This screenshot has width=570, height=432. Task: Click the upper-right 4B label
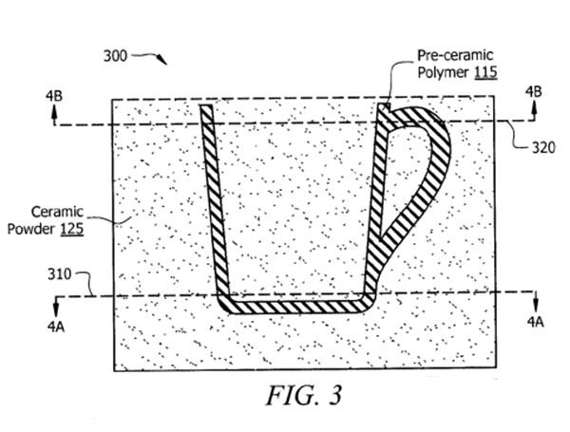537,91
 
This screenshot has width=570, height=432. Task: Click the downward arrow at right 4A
535,301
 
